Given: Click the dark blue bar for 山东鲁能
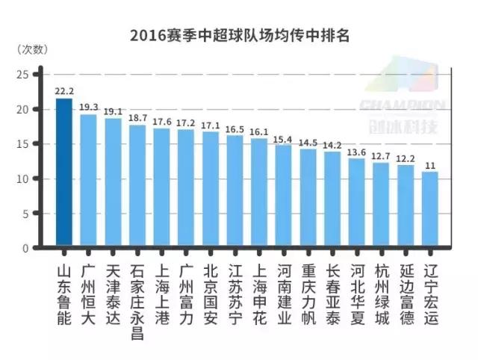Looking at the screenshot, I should [x=63, y=172].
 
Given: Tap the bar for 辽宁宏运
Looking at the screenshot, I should [x=429, y=210].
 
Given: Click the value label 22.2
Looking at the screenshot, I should [x=63, y=91].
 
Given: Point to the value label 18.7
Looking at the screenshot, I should [x=137, y=118].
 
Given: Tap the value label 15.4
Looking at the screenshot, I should [x=283, y=138].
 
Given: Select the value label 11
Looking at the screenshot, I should [x=429, y=165].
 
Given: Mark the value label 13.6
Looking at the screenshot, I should [x=356, y=152].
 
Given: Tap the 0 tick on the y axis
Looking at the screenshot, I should [x=25, y=248].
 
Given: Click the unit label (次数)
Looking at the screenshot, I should [x=33, y=49].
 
